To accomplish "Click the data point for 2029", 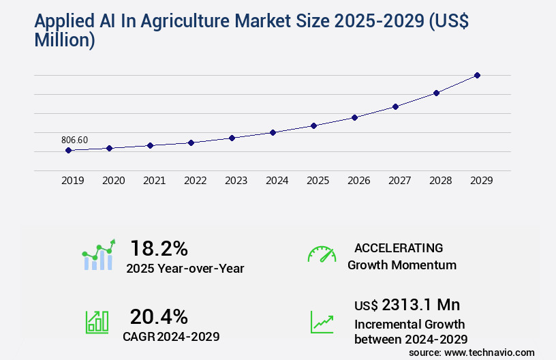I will pyautogui.click(x=477, y=75).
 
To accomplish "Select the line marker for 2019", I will pyautogui.click(x=69, y=150).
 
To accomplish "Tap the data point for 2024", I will pyautogui.click(x=273, y=132).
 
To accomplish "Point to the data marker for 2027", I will pyautogui.click(x=395, y=106).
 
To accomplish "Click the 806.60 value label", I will pyautogui.click(x=74, y=140).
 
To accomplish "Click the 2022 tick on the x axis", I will pyautogui.click(x=195, y=181).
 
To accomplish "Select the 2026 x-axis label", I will pyautogui.click(x=358, y=181).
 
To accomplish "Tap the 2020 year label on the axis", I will pyautogui.click(x=113, y=181).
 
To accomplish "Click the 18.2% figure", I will pyautogui.click(x=159, y=248).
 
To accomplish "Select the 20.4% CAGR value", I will pyautogui.click(x=159, y=316).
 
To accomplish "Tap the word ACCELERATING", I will pyautogui.click(x=399, y=248).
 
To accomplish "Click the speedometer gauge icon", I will pyautogui.click(x=322, y=254).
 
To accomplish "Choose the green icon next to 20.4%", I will pyautogui.click(x=97, y=322).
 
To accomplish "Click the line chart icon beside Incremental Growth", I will pyautogui.click(x=322, y=322).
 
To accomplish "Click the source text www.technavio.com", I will pyautogui.click(x=490, y=352).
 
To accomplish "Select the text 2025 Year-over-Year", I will pyautogui.click(x=185, y=269).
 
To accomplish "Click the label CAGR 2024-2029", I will pyautogui.click(x=171, y=336).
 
